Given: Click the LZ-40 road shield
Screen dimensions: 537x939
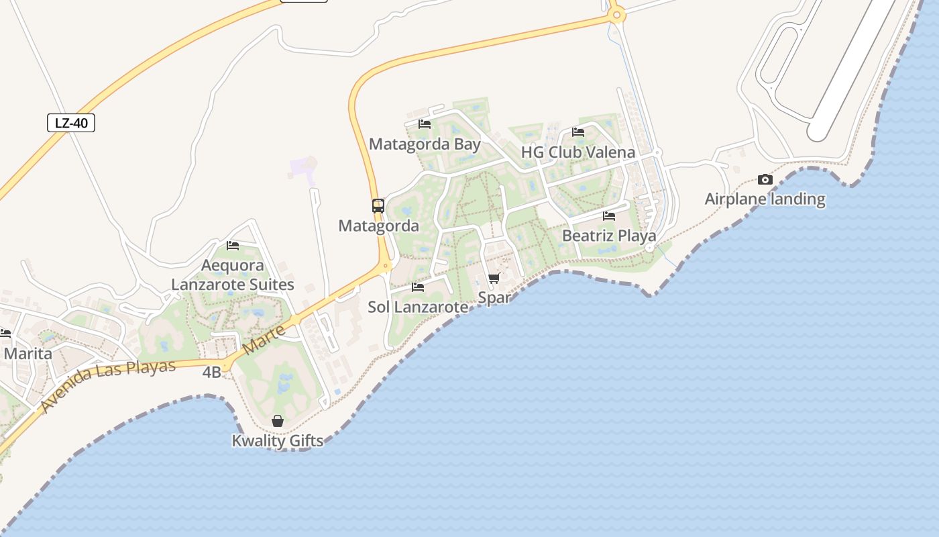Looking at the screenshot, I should pos(71,123).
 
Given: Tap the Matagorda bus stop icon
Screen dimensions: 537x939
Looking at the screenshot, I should pos(378,206).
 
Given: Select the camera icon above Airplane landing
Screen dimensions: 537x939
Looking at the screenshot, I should pos(765,179).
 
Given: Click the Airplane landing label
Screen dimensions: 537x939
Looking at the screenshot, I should pos(765,199).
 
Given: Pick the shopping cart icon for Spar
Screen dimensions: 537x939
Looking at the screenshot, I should pos(494,279).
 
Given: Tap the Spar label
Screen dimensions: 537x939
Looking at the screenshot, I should pos(494,297).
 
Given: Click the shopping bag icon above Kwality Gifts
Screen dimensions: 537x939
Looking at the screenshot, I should pos(278,421).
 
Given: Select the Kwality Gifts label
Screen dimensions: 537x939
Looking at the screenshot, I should pos(278,441).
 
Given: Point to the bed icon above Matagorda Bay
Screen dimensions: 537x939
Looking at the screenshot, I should pos(425,124).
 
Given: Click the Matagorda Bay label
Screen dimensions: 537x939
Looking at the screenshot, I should pos(425,144).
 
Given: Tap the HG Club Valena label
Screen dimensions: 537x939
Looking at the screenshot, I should pos(577,152).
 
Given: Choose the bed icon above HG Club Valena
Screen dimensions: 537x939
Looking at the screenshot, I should pos(578,132).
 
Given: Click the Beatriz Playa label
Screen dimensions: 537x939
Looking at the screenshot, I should pos(608,236).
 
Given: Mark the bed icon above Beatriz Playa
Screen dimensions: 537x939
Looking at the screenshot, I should pos(609,216).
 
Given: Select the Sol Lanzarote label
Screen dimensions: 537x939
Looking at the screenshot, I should pos(418,307).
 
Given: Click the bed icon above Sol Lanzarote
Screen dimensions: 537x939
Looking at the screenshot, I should pos(418,287).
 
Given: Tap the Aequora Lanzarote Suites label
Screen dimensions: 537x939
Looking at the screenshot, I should pos(233,275).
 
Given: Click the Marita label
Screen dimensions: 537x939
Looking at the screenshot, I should pos(27,353).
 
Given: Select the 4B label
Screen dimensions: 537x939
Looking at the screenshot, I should pos(211,372).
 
